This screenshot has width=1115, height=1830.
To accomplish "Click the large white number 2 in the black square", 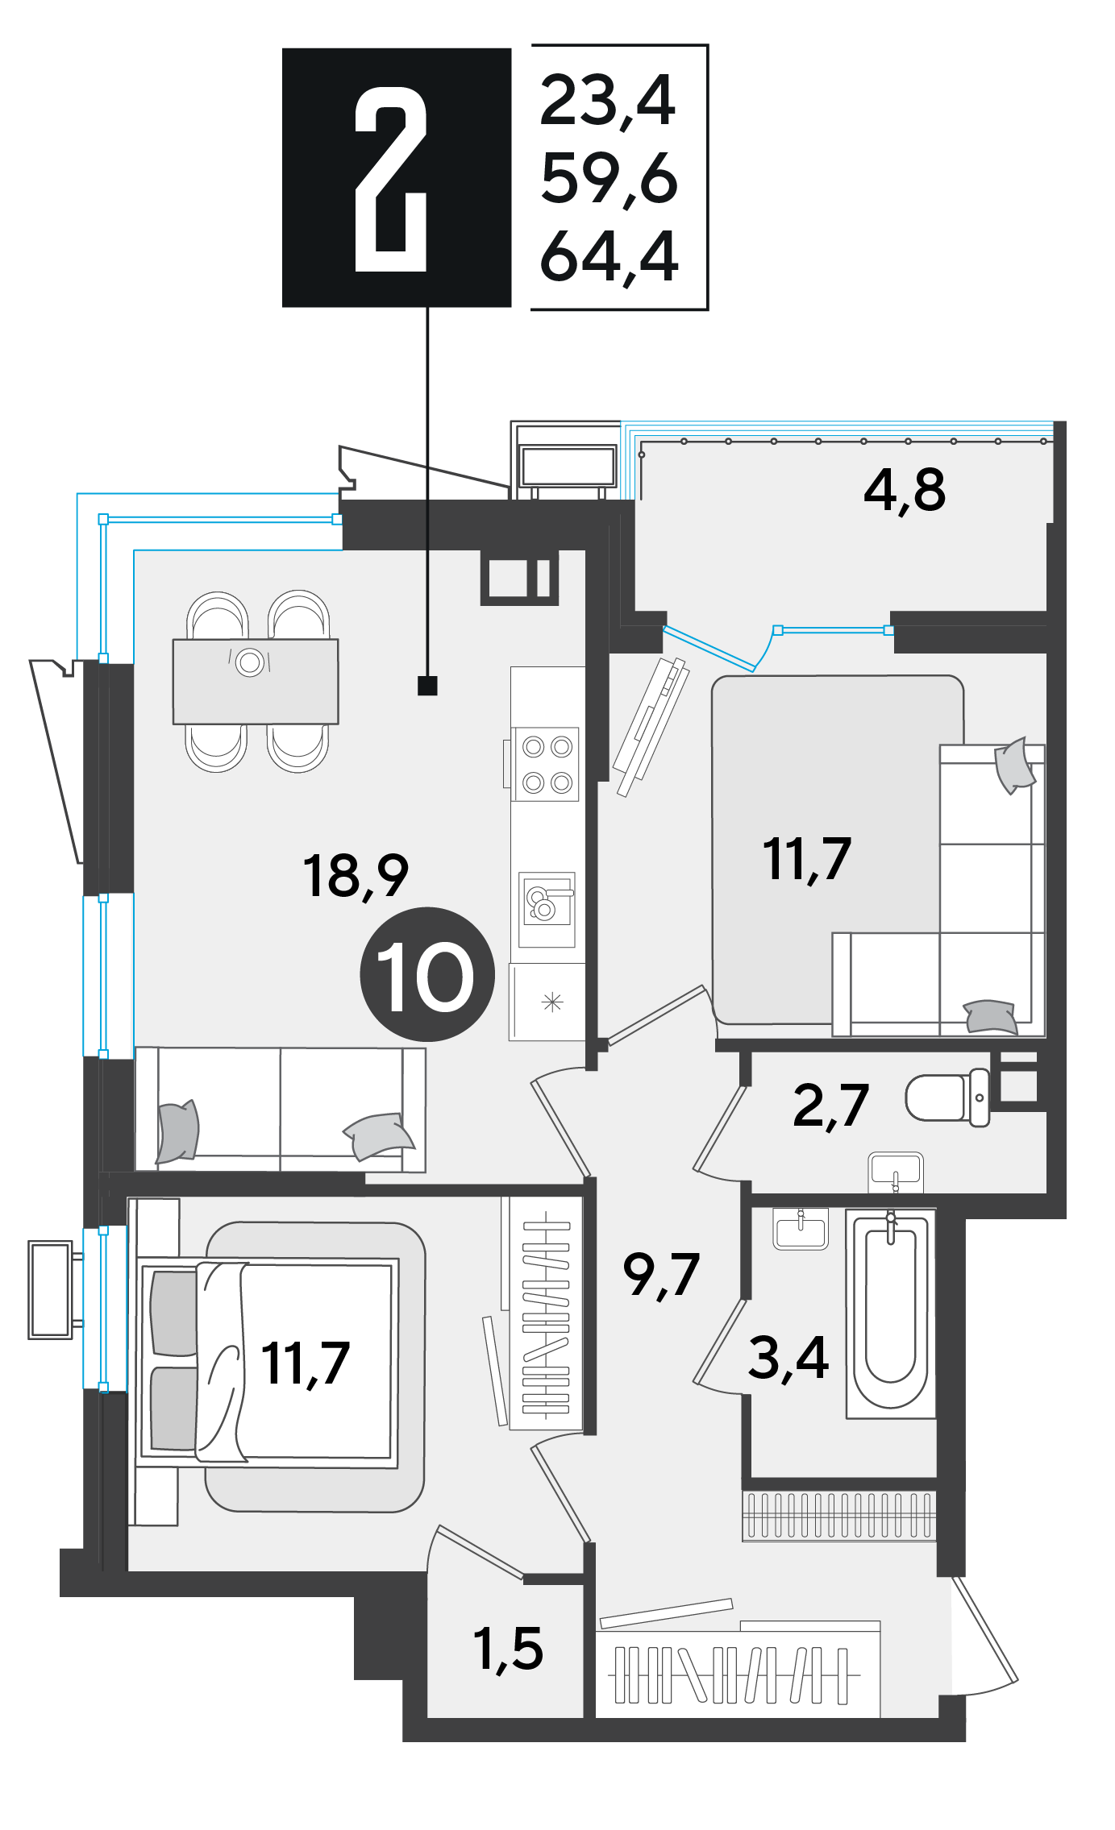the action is pyautogui.click(x=391, y=179).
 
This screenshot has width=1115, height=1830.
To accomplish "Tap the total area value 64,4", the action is pyautogui.click(x=610, y=257).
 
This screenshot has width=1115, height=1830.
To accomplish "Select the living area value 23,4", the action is pyautogui.click(x=608, y=101).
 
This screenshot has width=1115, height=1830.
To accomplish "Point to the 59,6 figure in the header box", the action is pyautogui.click(x=610, y=179).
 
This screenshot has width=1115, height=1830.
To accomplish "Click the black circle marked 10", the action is pyautogui.click(x=426, y=975).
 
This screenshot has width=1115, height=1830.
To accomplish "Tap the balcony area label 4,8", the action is pyautogui.click(x=904, y=490).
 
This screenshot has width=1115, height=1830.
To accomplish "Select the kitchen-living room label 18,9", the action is pyautogui.click(x=356, y=876).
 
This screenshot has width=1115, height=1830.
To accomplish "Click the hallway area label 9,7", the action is pyautogui.click(x=661, y=1275).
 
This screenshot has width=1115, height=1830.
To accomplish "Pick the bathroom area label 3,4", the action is pyautogui.click(x=788, y=1358).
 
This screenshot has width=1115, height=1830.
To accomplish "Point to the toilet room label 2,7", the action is pyautogui.click(x=830, y=1106).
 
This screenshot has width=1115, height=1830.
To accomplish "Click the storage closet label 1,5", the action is pyautogui.click(x=508, y=1649).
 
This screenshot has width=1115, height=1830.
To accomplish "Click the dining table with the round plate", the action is pyautogui.click(x=256, y=682).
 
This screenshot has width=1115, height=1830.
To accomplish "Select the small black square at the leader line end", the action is pyautogui.click(x=427, y=686).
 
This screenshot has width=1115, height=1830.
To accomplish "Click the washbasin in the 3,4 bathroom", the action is pyautogui.click(x=801, y=1229).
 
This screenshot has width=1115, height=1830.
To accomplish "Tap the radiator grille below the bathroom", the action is pyautogui.click(x=839, y=1516).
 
